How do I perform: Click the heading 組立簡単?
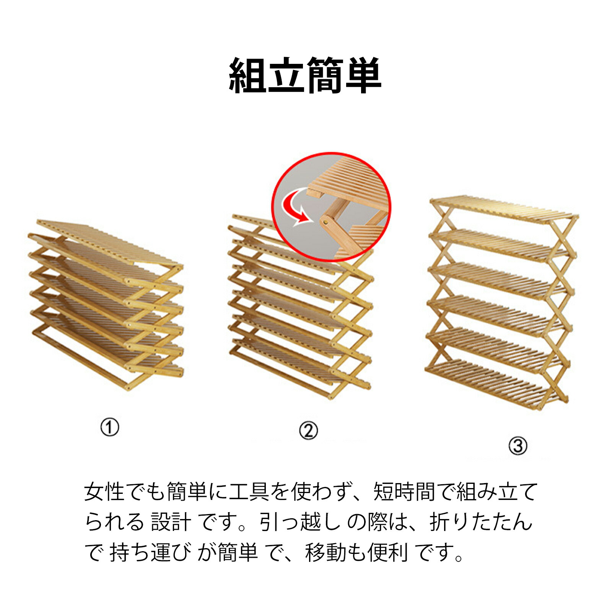tap(305, 75)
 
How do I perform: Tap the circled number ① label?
tap(110, 427)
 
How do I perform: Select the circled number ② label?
tap(308, 431)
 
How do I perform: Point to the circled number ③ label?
tap(518, 446)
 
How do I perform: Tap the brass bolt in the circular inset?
tap(326, 221)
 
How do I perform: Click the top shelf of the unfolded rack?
tap(504, 209)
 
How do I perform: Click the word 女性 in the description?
tap(104, 492)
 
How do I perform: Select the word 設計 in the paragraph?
tap(171, 522)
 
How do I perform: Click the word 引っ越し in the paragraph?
tap(300, 522)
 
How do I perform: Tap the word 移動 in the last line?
tap(326, 553)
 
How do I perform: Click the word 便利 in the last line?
tap(387, 553)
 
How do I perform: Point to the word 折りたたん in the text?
tap(481, 522)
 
